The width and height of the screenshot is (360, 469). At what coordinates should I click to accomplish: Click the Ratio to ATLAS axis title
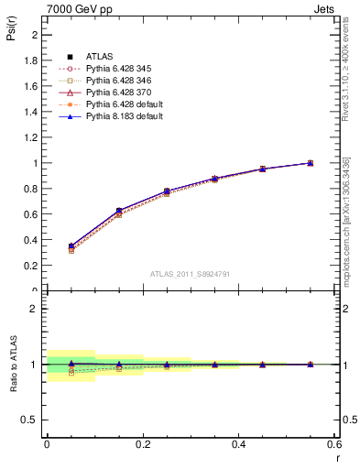tap(14, 364)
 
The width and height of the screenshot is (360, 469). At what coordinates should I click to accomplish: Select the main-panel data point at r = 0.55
tap(310, 163)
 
